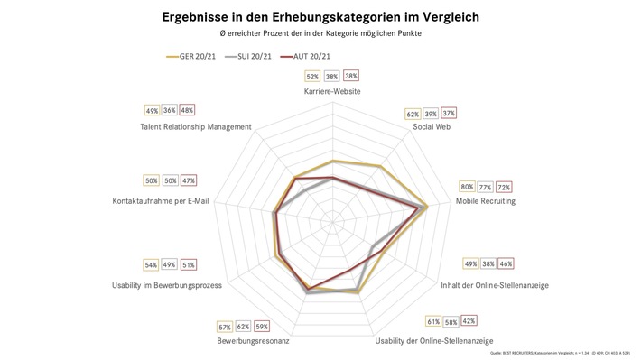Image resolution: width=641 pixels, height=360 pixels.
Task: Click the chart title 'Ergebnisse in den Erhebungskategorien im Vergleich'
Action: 320,16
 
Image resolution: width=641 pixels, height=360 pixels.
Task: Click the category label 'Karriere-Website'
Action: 333,92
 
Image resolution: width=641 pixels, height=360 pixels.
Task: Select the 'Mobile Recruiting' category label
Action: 485,201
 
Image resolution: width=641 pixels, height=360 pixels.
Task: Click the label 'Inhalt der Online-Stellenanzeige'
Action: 506,285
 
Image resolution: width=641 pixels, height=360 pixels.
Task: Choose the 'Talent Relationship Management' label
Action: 195,126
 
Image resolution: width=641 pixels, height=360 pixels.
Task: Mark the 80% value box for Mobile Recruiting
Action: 467,187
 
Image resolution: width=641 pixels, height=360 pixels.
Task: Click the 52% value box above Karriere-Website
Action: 312,77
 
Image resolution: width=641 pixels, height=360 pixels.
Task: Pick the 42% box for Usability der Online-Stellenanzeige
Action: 469,320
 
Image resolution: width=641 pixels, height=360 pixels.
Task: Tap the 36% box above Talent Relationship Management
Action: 170,110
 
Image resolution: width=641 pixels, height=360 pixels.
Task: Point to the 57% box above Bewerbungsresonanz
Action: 225,326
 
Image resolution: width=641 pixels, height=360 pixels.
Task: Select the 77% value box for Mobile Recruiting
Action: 486,187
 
